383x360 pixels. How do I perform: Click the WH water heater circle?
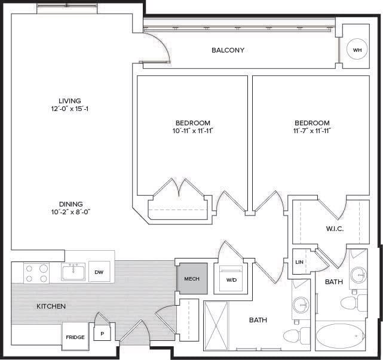click(x=357, y=50)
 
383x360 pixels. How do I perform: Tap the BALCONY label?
click(x=228, y=50)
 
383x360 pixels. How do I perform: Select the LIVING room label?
click(x=69, y=101)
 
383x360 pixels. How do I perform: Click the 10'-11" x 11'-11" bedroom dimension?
click(x=191, y=131)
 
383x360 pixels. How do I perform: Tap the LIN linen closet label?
click(x=299, y=261)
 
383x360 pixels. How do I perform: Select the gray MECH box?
click(x=191, y=278)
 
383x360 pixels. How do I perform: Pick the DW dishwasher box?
click(x=99, y=273)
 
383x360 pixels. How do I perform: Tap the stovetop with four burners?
click(x=36, y=273)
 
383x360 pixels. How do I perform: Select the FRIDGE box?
click(x=75, y=337)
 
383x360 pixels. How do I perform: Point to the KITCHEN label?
click(x=51, y=306)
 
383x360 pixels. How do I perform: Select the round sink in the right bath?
click(x=359, y=276)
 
